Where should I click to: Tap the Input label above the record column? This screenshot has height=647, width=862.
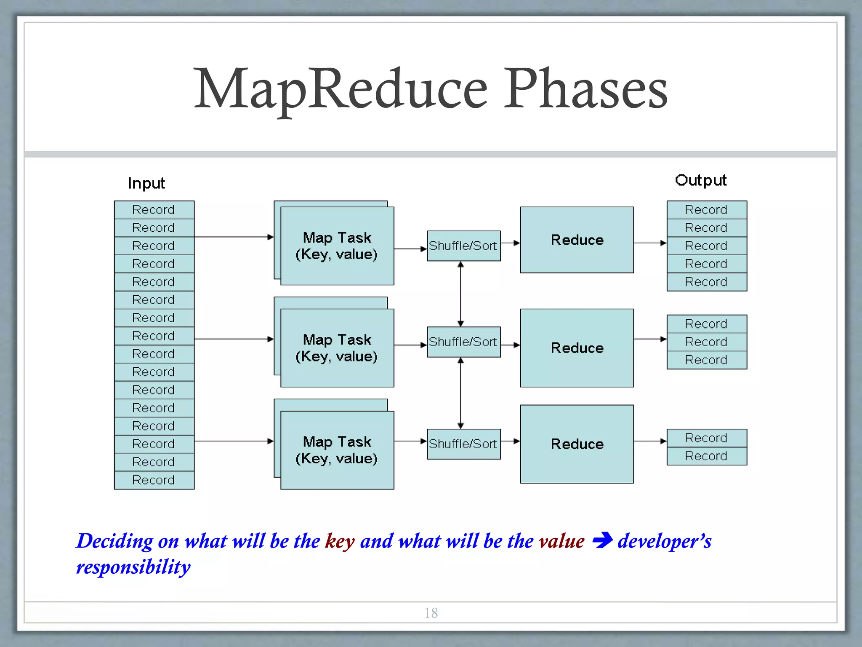pyautogui.click(x=146, y=183)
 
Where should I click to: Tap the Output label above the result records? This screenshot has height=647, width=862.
pyautogui.click(x=700, y=180)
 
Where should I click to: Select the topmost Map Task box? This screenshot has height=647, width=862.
pyautogui.click(x=337, y=246)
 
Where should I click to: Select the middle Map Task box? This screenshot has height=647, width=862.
pyautogui.click(x=337, y=348)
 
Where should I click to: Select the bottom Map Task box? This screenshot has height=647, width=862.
pyautogui.click(x=337, y=450)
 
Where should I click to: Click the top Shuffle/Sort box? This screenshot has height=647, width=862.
pyautogui.click(x=463, y=246)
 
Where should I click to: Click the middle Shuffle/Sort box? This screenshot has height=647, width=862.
pyautogui.click(x=463, y=342)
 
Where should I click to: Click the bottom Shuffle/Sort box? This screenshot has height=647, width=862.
pyautogui.click(x=463, y=444)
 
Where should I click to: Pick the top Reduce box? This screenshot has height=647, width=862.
pyautogui.click(x=577, y=240)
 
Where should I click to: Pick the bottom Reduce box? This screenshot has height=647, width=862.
pyautogui.click(x=577, y=444)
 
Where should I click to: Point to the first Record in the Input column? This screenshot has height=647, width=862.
pyautogui.click(x=154, y=210)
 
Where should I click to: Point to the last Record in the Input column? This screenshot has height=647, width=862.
pyautogui.click(x=154, y=480)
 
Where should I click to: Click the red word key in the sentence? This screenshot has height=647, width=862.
pyautogui.click(x=339, y=541)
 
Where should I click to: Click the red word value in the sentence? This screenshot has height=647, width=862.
pyautogui.click(x=561, y=541)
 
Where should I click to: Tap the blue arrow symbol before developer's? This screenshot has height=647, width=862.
pyautogui.click(x=602, y=540)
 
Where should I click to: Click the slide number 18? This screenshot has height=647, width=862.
pyautogui.click(x=431, y=613)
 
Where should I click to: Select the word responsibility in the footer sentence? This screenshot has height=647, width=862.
pyautogui.click(x=133, y=567)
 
